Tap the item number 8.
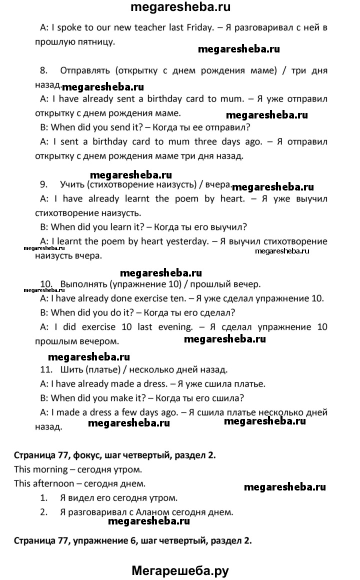coord(43,70)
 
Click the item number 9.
coord(43,184)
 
